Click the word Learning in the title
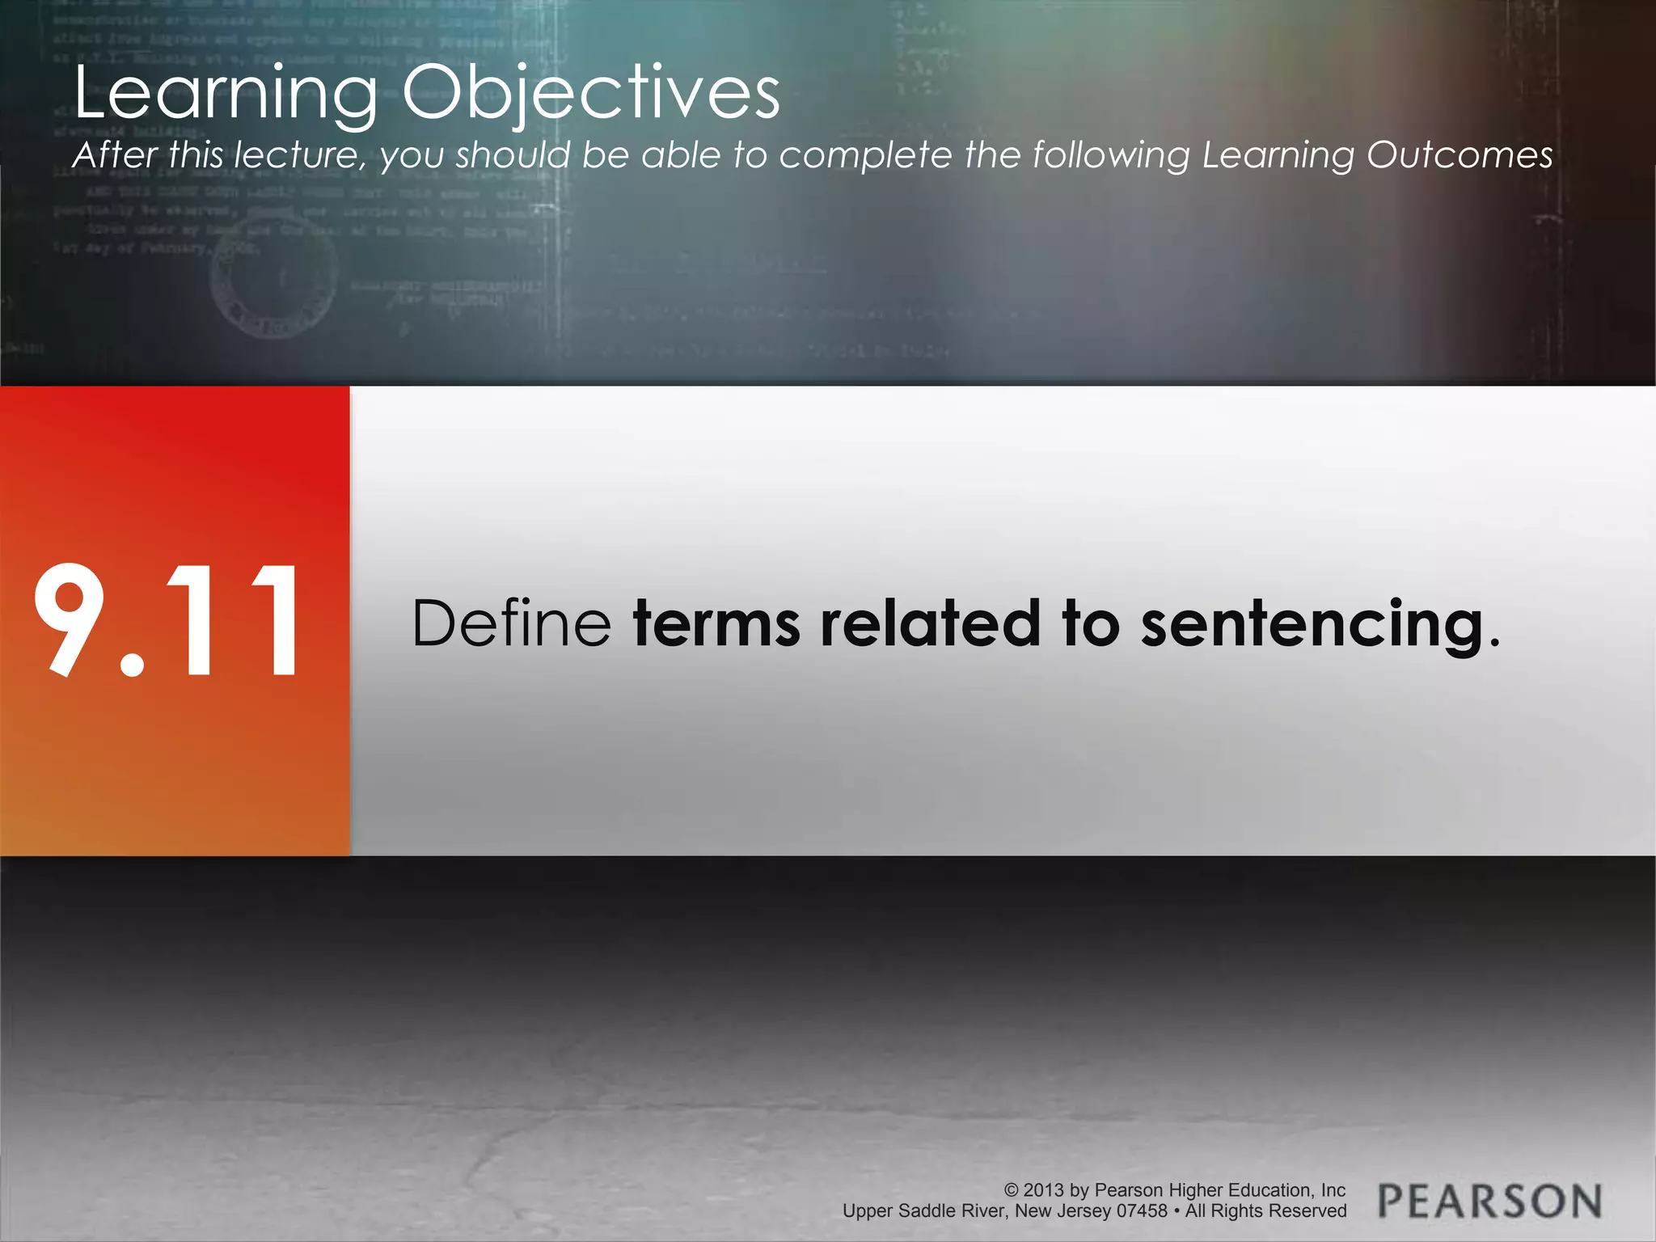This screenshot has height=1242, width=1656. [x=226, y=94]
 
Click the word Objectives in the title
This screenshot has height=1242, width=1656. [x=591, y=94]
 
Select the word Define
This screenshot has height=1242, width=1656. [x=511, y=623]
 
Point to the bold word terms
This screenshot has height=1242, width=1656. [x=716, y=623]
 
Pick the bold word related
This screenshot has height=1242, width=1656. [x=930, y=623]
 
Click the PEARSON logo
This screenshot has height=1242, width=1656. [x=1489, y=1201]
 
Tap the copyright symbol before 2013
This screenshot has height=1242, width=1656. [x=1012, y=1190]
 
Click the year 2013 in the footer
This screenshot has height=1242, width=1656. [x=1044, y=1190]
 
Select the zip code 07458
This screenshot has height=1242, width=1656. [x=1142, y=1211]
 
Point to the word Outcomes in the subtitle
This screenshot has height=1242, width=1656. [x=1460, y=155]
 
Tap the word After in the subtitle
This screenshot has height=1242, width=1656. [x=115, y=155]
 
